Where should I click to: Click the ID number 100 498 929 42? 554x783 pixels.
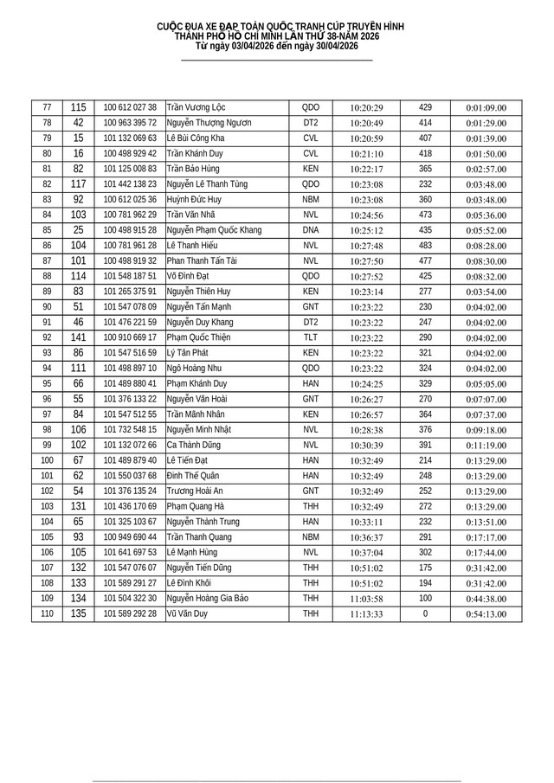(x=130, y=154)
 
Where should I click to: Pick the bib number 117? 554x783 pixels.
(x=79, y=184)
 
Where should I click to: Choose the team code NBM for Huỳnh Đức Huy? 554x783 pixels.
(x=311, y=200)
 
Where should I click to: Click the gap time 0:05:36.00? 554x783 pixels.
(x=486, y=215)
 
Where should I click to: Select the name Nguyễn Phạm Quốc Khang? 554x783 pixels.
(x=214, y=230)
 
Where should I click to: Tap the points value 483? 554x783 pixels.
(x=425, y=246)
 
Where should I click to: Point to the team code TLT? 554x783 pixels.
(x=311, y=337)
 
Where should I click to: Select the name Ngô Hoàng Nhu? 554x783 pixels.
(x=195, y=369)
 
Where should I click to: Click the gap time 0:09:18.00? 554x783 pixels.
(x=486, y=430)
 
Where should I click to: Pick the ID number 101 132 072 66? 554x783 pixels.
(x=130, y=445)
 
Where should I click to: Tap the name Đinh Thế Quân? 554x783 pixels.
(x=194, y=476)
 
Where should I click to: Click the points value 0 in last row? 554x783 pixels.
(x=425, y=613)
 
